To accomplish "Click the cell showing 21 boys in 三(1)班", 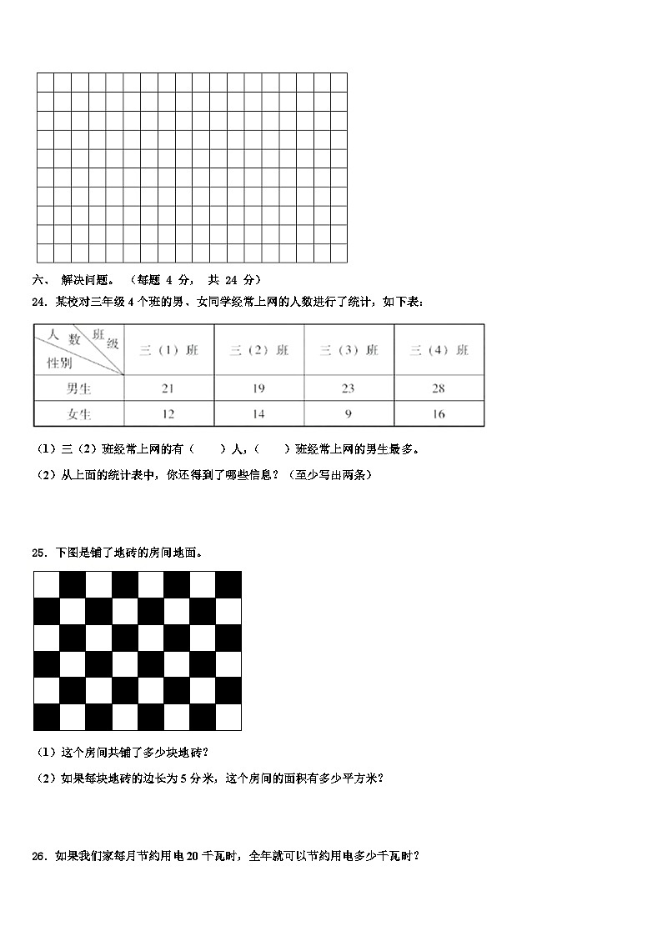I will [168, 388].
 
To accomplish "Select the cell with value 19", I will [258, 388].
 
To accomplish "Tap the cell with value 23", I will [349, 388].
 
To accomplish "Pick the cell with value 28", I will [439, 388].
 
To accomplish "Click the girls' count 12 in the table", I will [168, 414].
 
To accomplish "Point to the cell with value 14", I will [258, 414].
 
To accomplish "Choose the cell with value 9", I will [349, 414].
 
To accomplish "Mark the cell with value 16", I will [439, 414].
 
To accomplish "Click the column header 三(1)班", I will [168, 351].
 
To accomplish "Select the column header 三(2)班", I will [258, 351].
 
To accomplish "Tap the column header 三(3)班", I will [349, 351].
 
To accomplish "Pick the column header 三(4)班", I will [439, 351].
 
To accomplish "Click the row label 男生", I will [79, 388].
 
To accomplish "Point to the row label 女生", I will [79, 414].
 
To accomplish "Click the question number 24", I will [39, 302].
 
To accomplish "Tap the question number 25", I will [39, 553].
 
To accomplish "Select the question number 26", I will [39, 856].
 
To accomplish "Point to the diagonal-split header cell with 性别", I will [60, 363].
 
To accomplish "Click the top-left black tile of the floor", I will [47, 584].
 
